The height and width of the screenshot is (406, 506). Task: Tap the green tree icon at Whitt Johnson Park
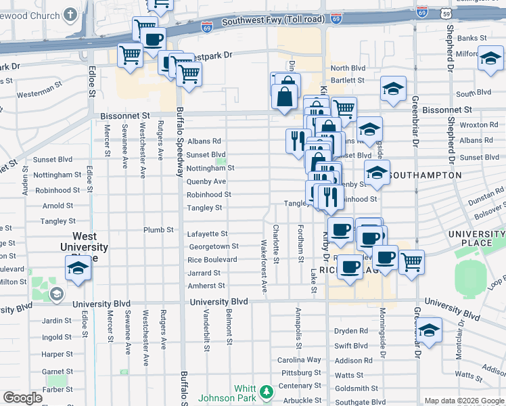(267, 391)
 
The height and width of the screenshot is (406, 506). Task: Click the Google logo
(22, 398)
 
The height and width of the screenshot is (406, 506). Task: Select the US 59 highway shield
(444, 12)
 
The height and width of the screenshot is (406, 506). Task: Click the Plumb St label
(158, 230)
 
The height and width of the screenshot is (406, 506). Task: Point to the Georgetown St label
(213, 247)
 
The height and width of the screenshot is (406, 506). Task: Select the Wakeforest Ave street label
(264, 267)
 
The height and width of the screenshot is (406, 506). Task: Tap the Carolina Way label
(299, 360)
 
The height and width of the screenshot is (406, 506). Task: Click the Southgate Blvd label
(361, 401)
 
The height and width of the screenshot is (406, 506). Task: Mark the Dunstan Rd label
(486, 199)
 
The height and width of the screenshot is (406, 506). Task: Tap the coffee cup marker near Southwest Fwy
(154, 39)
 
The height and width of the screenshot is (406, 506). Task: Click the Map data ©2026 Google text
(464, 401)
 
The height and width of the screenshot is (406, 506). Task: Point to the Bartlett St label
(348, 81)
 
